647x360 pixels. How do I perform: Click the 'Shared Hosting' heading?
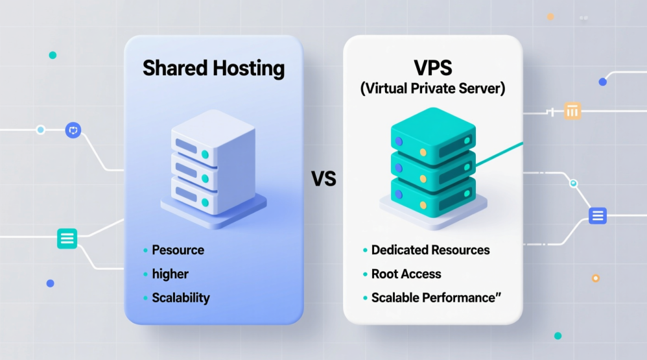213,69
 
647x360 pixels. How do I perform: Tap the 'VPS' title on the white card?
433,67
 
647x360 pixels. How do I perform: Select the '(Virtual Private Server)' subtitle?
432,88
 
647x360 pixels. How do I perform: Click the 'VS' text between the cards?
323,179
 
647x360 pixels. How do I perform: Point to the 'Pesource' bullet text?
178,250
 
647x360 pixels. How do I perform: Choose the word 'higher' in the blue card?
170,274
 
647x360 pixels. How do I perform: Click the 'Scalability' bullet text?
181,298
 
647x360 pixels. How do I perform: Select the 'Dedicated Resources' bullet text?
430,250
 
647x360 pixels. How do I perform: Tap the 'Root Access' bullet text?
406,274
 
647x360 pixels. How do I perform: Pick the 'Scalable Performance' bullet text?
433,298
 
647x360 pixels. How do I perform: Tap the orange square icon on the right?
572,111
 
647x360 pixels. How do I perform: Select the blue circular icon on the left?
73,130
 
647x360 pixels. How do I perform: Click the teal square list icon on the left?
67,238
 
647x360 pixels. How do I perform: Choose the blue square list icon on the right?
598,215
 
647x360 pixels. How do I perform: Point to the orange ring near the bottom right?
595,278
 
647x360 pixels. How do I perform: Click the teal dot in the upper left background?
53,55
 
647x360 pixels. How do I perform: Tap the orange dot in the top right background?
550,17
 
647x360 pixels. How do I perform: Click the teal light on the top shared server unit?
205,154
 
